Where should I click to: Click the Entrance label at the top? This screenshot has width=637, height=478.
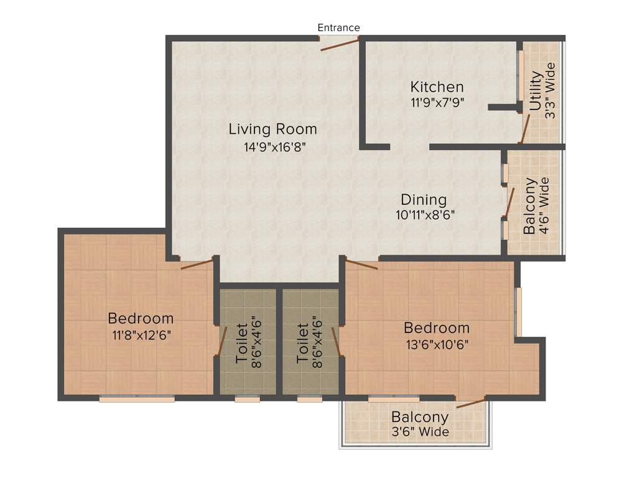click(338, 27)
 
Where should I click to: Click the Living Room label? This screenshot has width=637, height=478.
click(272, 129)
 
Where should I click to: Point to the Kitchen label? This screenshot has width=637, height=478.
click(437, 87)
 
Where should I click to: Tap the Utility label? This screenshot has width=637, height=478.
click(536, 91)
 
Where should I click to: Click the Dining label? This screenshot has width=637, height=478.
click(424, 200)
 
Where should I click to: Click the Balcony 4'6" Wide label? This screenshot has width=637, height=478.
click(537, 206)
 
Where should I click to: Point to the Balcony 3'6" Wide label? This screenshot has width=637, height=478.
click(419, 424)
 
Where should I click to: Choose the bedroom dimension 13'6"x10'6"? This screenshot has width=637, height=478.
click(436, 343)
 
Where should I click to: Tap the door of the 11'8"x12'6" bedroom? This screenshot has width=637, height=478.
click(197, 263)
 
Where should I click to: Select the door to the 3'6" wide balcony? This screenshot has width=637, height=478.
click(471, 402)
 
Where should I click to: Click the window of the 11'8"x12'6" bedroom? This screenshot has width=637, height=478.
click(137, 399)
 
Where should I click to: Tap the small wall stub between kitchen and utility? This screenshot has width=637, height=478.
click(504, 107)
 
